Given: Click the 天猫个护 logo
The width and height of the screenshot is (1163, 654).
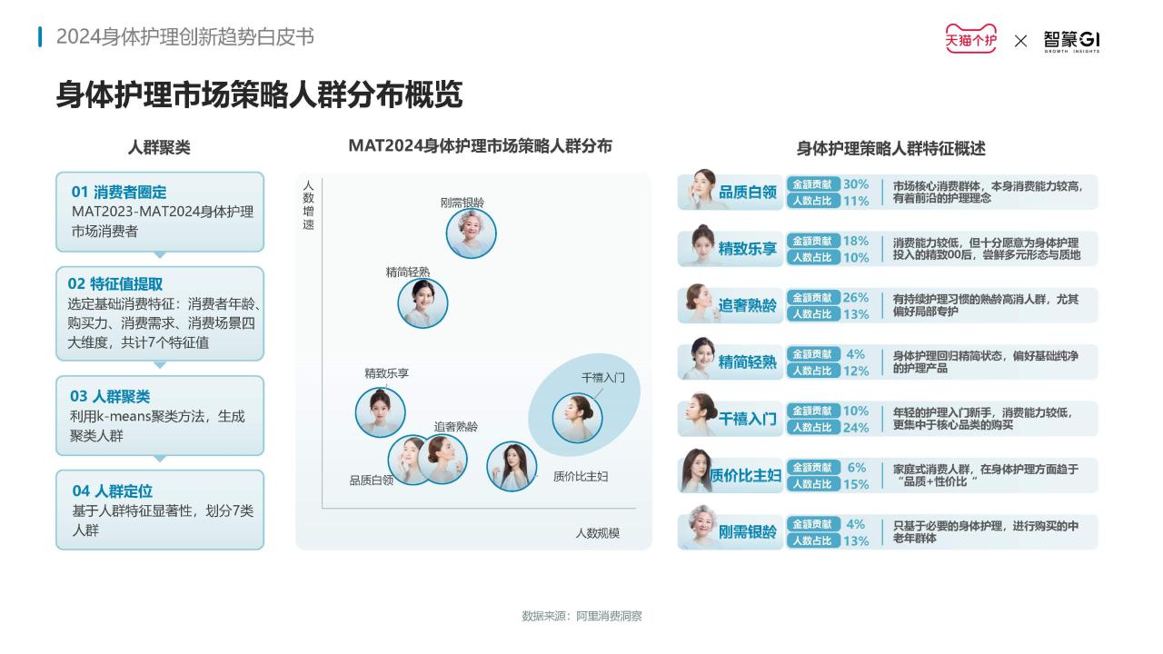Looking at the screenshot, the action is tap(970, 38).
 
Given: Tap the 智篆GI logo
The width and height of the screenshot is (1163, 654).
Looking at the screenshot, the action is tap(1071, 41).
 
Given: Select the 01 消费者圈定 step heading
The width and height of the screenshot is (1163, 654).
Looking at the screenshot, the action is tap(119, 192).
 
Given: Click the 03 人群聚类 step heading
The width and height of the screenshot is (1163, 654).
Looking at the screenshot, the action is tap(110, 397).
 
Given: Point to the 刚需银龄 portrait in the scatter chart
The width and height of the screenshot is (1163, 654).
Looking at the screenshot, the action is tap(471, 233).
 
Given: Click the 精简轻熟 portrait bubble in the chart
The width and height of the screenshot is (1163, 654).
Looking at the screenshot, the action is tap(422, 303).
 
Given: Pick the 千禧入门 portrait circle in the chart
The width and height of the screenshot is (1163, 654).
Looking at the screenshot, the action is tap(577, 418).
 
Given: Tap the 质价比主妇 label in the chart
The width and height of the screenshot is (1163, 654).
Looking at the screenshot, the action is tap(581, 477).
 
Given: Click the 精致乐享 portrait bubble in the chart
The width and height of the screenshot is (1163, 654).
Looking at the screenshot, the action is tap(380, 412).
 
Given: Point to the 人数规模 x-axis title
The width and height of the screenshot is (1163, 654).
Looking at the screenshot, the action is tap(598, 533).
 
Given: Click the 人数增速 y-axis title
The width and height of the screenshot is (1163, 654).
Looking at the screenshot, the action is tap(308, 205).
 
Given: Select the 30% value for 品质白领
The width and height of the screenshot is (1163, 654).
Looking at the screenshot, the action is tap(856, 184).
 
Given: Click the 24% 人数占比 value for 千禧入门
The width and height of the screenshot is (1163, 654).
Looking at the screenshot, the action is tap(856, 428).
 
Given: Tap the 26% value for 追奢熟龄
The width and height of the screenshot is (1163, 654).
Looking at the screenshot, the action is tap(856, 297).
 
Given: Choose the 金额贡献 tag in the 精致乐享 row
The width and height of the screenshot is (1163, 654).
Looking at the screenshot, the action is tap(812, 241).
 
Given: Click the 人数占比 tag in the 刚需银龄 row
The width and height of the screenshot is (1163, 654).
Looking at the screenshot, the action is tap(812, 540).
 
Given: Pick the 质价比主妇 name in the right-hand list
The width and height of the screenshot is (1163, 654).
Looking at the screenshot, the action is tap(745, 475).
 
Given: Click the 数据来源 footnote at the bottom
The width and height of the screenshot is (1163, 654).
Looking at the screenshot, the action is tap(581, 616).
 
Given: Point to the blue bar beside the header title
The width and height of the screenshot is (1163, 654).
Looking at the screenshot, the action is tap(40, 37).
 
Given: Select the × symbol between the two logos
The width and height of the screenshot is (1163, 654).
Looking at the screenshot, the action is tap(1020, 41).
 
